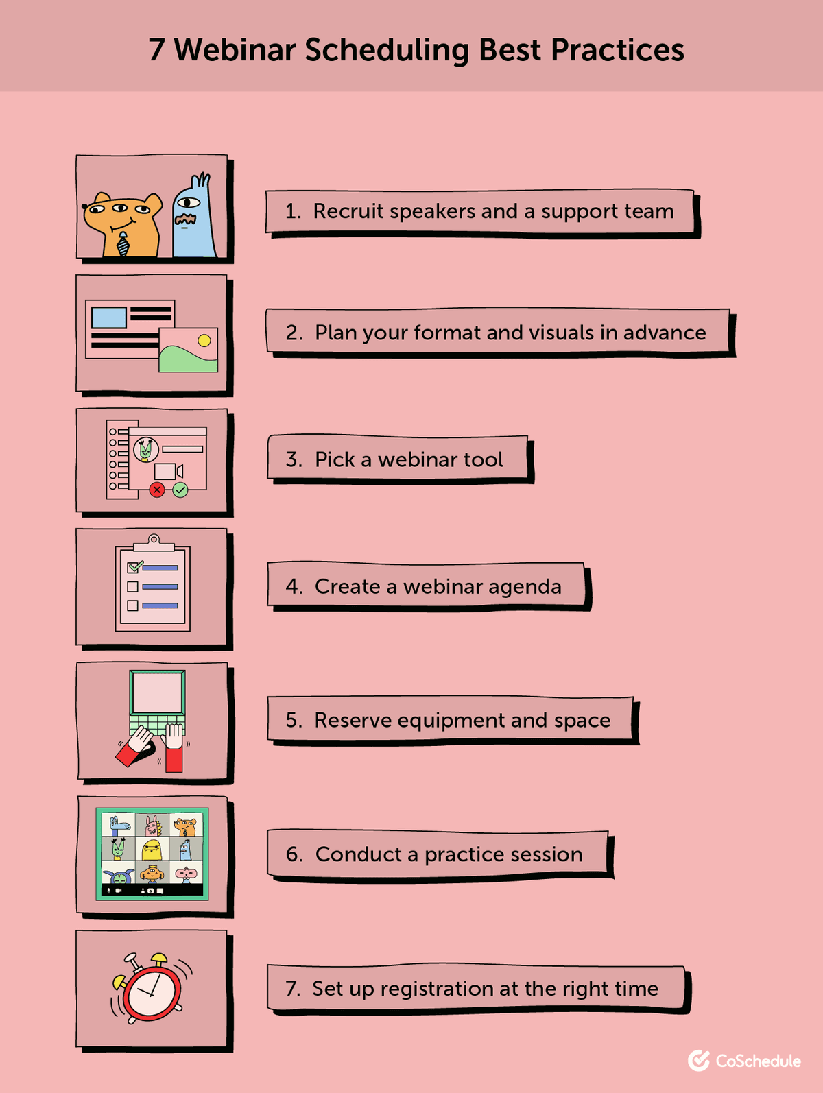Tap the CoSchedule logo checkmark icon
(698, 1060)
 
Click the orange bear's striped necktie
(123, 244)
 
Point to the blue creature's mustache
(185, 219)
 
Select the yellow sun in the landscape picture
(204, 340)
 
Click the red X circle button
(157, 490)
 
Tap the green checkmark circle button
(180, 490)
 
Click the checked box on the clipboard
(134, 567)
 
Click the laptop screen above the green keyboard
(157, 693)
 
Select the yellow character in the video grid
(152, 849)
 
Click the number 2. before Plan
(294, 333)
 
